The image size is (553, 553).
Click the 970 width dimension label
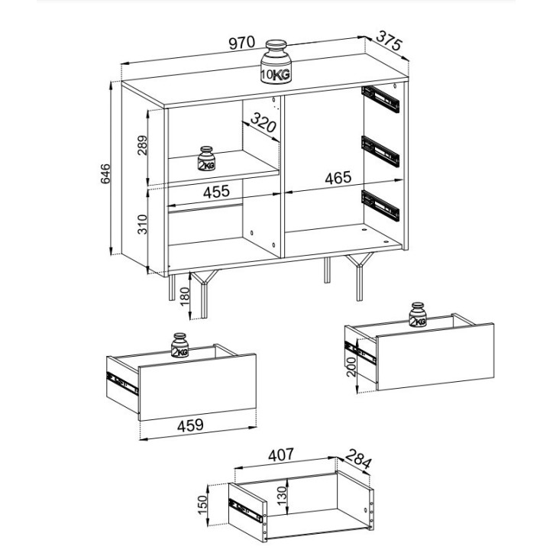pyautogui.click(x=241, y=43)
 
